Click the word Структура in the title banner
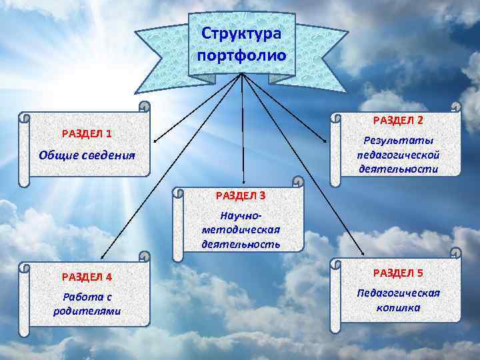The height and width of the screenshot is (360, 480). click(241, 33)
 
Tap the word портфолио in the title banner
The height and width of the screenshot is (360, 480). click(241, 55)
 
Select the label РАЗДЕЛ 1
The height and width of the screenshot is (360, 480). click(87, 133)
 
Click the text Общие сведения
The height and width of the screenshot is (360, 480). click(87, 155)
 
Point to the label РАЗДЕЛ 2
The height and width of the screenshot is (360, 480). click(398, 120)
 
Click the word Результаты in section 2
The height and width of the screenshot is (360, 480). click(398, 141)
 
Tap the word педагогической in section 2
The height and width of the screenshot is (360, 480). click(398, 155)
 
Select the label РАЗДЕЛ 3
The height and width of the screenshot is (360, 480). click(241, 195)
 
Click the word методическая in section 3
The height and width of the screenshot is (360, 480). click(241, 229)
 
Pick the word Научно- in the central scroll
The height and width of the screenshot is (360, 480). click(241, 215)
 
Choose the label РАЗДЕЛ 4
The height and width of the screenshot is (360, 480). click(87, 277)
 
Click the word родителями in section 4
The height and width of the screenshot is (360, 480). click(87, 311)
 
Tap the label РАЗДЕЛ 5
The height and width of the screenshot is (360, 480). click(398, 273)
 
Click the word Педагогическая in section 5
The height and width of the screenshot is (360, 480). click(398, 293)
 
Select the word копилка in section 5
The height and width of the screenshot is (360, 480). click(398, 307)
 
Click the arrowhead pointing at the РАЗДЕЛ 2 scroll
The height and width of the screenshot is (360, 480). click(327, 141)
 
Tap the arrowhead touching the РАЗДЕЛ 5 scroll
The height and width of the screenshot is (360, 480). click(362, 253)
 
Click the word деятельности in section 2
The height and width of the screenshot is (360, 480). click(398, 169)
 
